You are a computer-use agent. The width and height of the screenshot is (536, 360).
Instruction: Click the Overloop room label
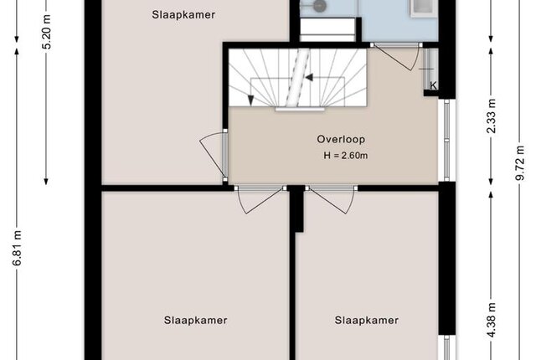point(341,139)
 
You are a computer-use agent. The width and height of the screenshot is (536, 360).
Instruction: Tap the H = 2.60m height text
point(346,156)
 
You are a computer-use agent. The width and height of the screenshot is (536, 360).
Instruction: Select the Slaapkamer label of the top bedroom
point(183,15)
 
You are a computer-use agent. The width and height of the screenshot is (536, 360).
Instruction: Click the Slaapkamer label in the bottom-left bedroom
point(195,321)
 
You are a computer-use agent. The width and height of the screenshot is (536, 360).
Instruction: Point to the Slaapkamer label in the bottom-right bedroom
point(367,321)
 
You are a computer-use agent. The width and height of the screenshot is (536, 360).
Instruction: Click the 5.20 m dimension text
point(47,32)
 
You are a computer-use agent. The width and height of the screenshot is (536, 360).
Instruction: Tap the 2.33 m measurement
point(492,116)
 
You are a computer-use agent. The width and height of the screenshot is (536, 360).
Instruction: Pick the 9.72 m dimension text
point(520,163)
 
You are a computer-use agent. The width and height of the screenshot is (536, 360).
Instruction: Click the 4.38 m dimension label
point(492,320)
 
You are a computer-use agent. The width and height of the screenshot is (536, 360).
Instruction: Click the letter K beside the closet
point(433,85)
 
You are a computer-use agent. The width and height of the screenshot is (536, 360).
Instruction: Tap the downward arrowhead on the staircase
point(251,100)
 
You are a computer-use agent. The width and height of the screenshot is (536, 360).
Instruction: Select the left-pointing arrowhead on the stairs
point(309,78)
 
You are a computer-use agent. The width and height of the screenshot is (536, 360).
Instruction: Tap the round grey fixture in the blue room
point(320,6)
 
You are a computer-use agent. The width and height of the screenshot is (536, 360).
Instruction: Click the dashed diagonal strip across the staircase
point(297,77)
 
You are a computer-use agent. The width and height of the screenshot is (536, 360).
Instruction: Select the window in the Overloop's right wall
point(446,140)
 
